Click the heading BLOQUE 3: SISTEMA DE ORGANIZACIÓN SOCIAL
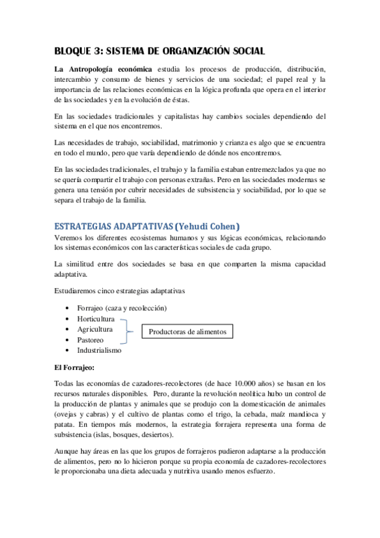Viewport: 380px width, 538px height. pyautogui.click(x=159, y=50)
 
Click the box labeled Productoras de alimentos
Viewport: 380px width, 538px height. pyautogui.click(x=187, y=332)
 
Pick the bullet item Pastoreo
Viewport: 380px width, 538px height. pyautogui.click(x=91, y=340)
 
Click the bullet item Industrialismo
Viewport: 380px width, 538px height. pyautogui.click(x=99, y=350)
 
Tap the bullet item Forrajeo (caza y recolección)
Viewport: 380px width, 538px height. pyautogui.click(x=122, y=308)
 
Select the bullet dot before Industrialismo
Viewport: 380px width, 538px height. pyautogui.click(x=67, y=350)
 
